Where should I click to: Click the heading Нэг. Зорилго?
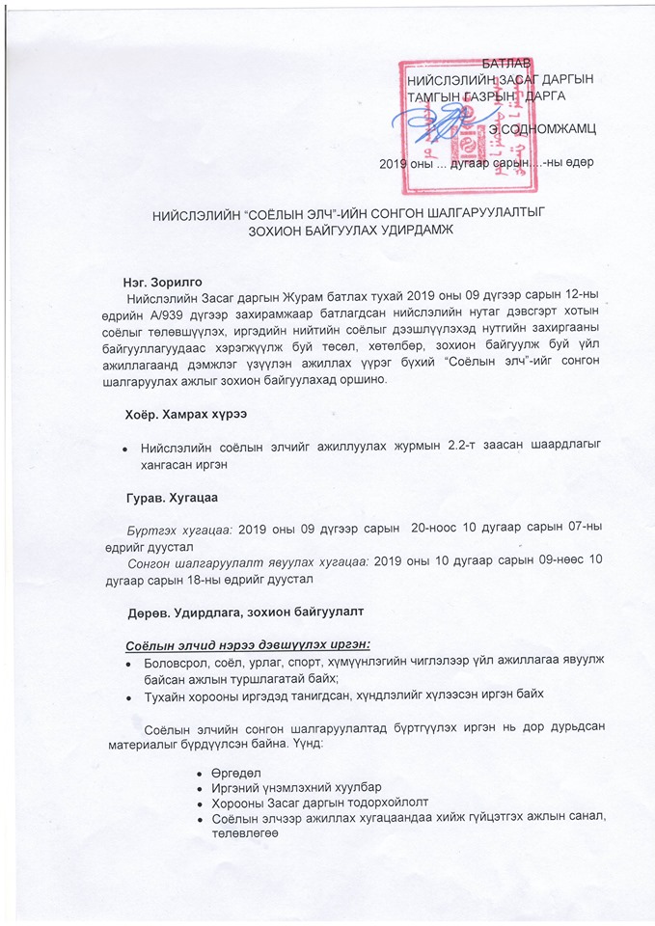click(163, 280)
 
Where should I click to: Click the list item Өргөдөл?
click(236, 773)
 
